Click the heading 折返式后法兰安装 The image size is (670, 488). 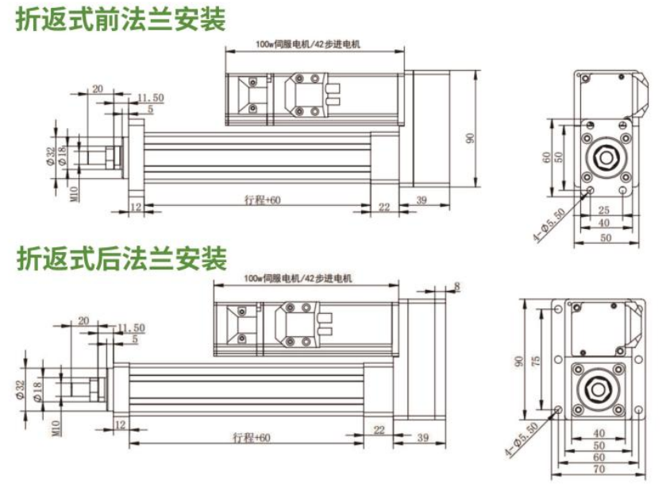click(x=121, y=259)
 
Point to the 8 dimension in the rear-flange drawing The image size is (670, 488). click(x=458, y=287)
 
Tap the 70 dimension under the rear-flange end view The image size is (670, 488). click(x=599, y=480)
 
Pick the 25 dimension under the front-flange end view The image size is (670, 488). click(x=604, y=210)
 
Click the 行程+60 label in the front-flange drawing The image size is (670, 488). click(x=262, y=200)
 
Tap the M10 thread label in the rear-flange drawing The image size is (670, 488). click(x=56, y=430)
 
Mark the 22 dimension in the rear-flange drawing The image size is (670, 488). click(x=379, y=430)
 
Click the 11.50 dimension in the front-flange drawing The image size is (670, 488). click(x=149, y=98)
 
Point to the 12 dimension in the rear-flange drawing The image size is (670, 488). click(x=121, y=426)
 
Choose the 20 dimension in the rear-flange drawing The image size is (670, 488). click(x=84, y=321)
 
